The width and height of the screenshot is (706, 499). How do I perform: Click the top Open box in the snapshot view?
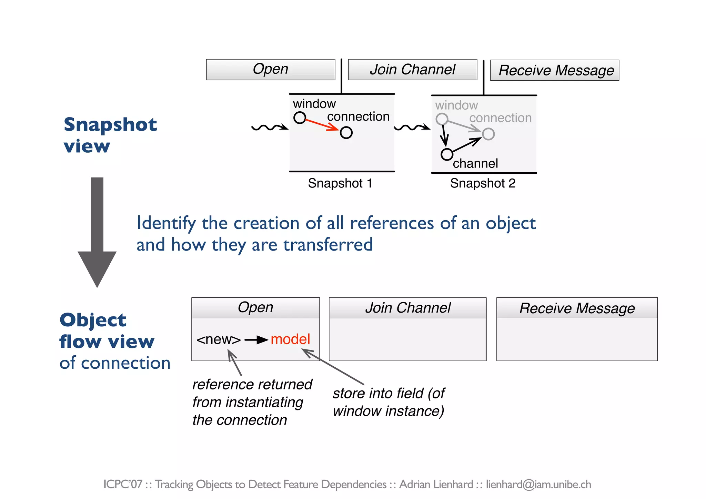271,70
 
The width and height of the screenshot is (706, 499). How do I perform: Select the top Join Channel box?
413,70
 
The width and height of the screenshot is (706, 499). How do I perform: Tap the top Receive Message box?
554,70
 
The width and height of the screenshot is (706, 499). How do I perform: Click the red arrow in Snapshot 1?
322,125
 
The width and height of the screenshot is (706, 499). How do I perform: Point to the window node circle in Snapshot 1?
300,118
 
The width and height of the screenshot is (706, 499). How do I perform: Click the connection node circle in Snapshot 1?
346,133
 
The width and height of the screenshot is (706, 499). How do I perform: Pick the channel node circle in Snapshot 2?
447,154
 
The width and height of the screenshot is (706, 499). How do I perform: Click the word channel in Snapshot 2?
475,163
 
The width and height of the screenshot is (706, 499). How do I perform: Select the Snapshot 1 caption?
340,183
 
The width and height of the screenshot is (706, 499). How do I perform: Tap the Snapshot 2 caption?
483,183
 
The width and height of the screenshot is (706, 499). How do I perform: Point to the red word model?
290,339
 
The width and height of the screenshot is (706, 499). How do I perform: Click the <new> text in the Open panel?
219,340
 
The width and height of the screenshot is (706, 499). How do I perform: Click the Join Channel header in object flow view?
408,308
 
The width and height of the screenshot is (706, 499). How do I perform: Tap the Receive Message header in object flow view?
577,308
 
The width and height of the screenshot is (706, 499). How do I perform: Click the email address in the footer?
538,484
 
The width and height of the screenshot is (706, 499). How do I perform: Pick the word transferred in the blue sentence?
328,245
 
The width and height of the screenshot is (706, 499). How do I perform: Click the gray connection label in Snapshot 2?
500,118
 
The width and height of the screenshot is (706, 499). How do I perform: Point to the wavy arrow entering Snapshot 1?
269,128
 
